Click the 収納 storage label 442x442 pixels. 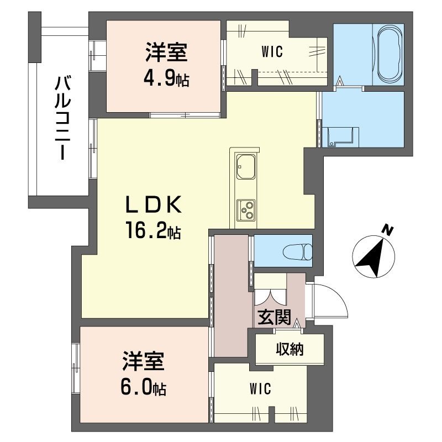click(x=290, y=349)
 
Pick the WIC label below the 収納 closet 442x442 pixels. click(x=260, y=390)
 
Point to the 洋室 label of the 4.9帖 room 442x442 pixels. click(x=166, y=54)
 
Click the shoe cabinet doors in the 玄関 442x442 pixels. click(x=271, y=296)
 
